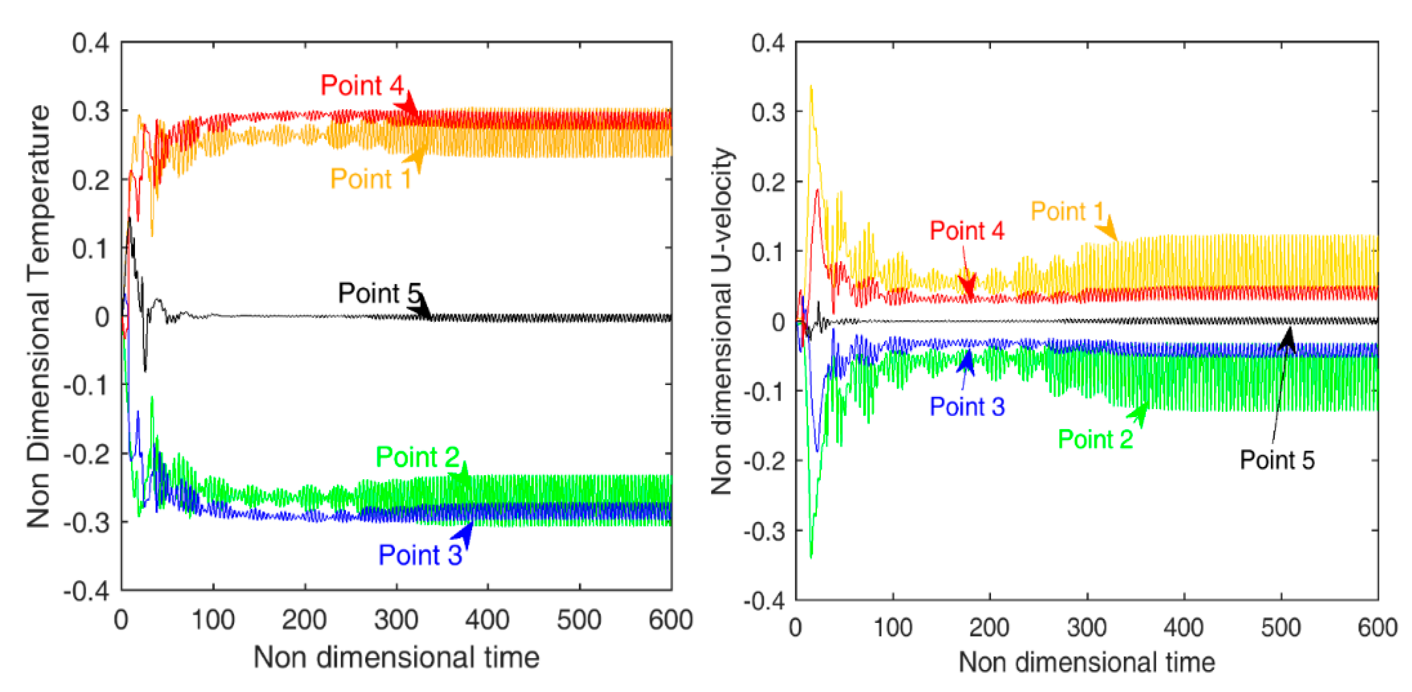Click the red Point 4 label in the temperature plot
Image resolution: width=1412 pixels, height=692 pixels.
(x=362, y=85)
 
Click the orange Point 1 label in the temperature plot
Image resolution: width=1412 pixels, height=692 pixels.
(x=371, y=178)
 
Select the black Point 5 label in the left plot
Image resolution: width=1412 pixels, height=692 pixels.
(x=379, y=293)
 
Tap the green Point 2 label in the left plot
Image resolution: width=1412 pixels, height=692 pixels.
(x=417, y=457)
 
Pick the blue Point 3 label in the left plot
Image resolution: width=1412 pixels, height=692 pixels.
(x=420, y=555)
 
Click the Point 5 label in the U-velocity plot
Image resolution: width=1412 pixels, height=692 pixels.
(x=1277, y=460)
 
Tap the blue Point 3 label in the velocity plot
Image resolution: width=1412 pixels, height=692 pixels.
(x=967, y=407)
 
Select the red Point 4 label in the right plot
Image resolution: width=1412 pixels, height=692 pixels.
(x=967, y=231)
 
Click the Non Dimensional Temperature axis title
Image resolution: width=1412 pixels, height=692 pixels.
(x=38, y=317)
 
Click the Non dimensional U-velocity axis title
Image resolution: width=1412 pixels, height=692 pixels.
(x=721, y=321)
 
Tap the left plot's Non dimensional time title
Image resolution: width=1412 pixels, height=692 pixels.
(x=396, y=657)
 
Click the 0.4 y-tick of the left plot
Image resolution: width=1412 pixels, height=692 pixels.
(x=90, y=43)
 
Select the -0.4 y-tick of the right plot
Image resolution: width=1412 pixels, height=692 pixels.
(x=764, y=602)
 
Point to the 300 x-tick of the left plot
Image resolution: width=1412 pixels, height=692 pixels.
(x=396, y=620)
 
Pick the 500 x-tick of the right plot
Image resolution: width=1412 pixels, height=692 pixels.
(x=1281, y=627)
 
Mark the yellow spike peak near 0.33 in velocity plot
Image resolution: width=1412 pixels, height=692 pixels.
(x=811, y=87)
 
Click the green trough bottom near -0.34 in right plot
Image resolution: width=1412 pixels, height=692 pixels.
(x=811, y=557)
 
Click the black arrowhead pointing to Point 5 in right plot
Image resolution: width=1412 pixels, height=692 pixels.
(x=1288, y=337)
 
